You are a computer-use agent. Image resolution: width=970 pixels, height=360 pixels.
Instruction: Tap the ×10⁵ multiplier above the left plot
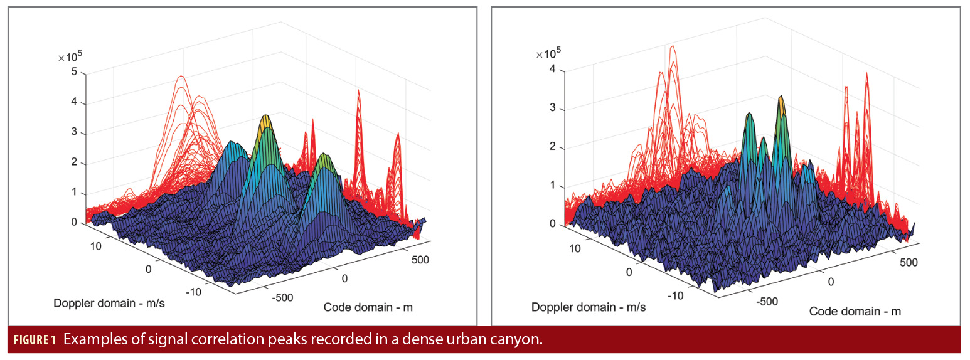[x=70, y=57]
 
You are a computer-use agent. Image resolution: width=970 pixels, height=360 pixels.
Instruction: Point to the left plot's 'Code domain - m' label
[x=368, y=307]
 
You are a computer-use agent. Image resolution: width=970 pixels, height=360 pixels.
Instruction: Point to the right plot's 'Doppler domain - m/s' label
[x=588, y=307]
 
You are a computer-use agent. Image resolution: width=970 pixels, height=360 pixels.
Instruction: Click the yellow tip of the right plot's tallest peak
[x=781, y=100]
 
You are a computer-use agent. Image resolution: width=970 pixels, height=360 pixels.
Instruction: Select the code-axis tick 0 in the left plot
[x=344, y=277]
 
